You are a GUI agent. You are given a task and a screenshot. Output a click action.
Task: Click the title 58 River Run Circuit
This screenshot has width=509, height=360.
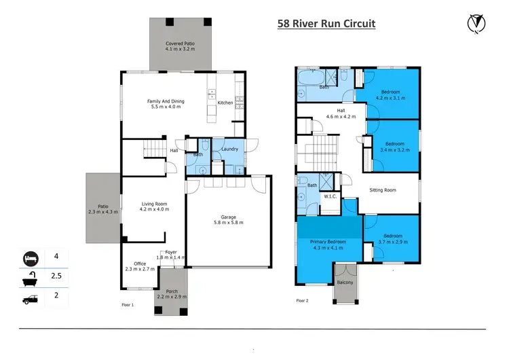click(326, 24)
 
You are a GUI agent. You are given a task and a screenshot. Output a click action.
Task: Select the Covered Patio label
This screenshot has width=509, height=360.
click(180, 46)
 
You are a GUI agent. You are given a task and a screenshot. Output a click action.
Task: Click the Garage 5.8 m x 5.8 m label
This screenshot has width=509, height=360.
click(228, 219)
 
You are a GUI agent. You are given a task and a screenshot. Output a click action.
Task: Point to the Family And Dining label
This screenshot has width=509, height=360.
click(166, 105)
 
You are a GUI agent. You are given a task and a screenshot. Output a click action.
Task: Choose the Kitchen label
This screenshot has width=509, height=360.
click(225, 103)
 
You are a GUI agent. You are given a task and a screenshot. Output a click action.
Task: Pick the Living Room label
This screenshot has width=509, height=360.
click(153, 206)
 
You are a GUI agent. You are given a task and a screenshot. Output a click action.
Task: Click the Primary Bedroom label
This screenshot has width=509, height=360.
click(328, 245)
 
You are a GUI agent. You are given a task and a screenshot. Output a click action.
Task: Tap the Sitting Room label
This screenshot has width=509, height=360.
click(382, 190)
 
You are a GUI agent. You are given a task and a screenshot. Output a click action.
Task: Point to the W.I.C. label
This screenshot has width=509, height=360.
click(331, 196)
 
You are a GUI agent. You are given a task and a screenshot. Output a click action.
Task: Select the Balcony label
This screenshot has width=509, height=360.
click(345, 283)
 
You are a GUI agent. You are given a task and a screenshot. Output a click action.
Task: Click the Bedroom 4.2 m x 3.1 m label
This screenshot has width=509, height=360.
click(390, 94)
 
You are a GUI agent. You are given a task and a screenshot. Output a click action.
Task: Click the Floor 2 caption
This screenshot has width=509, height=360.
click(303, 300)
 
